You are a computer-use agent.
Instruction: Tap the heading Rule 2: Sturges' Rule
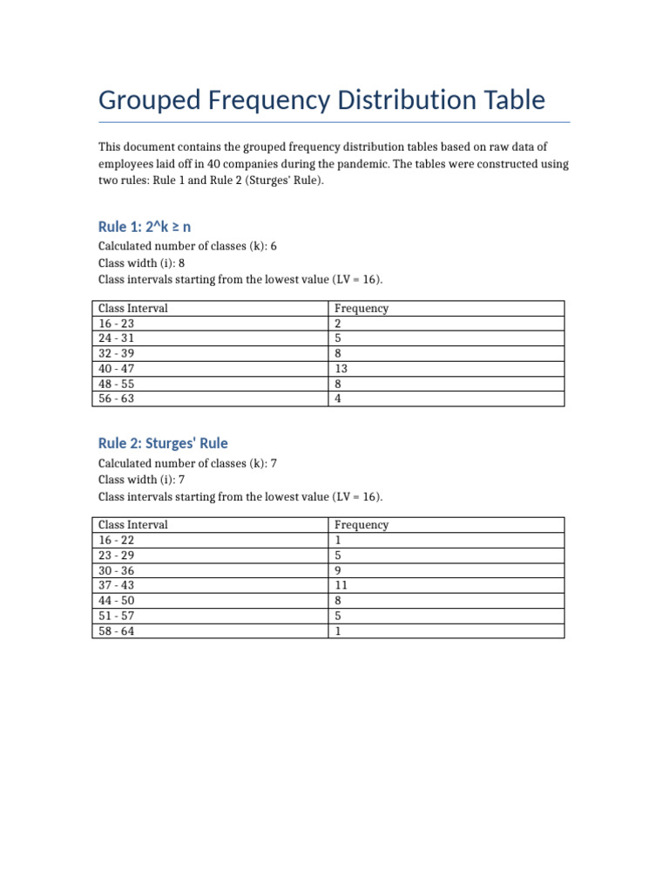point(163,443)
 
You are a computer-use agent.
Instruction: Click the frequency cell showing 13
point(341,369)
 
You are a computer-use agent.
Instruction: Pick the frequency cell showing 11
point(341,585)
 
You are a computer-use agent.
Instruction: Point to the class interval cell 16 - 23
point(117,324)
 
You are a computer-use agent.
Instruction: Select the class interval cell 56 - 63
point(117,399)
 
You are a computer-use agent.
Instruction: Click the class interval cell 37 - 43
point(117,585)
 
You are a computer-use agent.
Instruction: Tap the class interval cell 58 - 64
point(117,631)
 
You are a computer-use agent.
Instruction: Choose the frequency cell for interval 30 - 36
point(338,570)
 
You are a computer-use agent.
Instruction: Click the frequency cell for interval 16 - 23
point(338,324)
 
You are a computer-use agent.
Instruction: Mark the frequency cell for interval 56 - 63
point(338,399)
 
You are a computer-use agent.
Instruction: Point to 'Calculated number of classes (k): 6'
point(187,246)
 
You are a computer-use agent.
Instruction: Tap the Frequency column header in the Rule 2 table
point(362,525)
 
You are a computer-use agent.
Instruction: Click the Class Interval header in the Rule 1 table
point(133,308)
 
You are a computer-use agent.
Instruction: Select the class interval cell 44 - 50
point(117,601)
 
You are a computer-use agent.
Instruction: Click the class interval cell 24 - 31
point(117,338)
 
